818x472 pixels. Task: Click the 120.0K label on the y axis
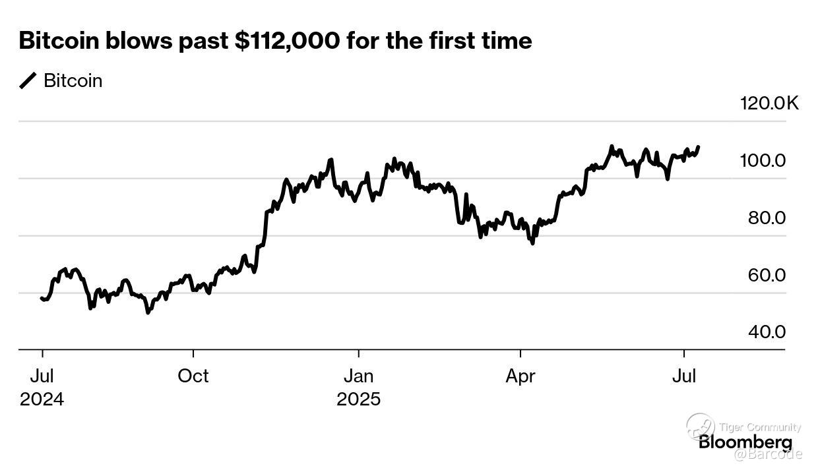coord(769,103)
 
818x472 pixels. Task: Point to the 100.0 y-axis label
coord(766,161)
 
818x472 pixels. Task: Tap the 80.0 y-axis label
coord(767,218)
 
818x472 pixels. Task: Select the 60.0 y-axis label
coord(767,275)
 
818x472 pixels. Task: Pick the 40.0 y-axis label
coord(767,332)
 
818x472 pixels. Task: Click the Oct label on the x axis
coord(193,376)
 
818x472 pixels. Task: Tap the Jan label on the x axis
coord(358,376)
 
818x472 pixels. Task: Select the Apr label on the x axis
coord(520,376)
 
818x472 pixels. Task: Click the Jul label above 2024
coord(42,376)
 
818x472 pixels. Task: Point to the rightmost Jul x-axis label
coord(684,376)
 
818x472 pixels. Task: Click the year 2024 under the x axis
coord(42,399)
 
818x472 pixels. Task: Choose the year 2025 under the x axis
coord(358,399)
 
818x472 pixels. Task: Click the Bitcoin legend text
coord(73,81)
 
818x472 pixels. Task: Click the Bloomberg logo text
coord(745,442)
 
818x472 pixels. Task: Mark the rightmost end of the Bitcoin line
coord(699,147)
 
